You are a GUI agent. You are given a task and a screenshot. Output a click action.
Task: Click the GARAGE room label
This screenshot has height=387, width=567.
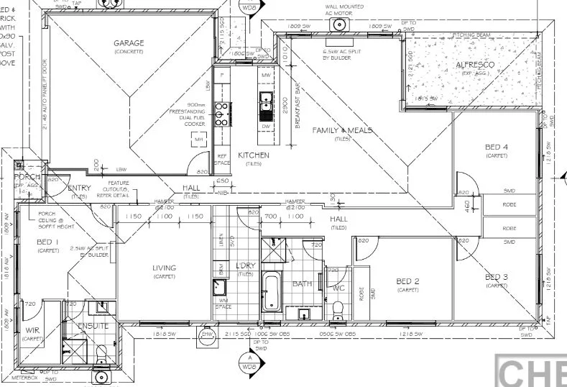click(x=129, y=43)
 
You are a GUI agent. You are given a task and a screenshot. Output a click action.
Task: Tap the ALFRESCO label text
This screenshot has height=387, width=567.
click(x=475, y=65)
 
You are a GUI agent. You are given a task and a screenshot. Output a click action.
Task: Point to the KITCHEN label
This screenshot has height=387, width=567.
click(x=254, y=155)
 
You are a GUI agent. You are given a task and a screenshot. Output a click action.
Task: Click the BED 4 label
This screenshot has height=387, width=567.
click(x=496, y=147)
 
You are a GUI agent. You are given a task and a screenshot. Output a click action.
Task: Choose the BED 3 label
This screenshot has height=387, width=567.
click(x=496, y=277)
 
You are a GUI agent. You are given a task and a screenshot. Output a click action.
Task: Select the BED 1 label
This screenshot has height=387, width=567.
click(x=47, y=242)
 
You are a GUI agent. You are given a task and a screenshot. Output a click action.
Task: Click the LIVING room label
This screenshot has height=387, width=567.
click(x=164, y=268)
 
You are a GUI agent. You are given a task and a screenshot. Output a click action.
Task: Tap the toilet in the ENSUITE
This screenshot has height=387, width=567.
click(x=101, y=352)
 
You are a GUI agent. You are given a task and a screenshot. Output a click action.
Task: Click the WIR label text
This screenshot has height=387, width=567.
click(x=31, y=332)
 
